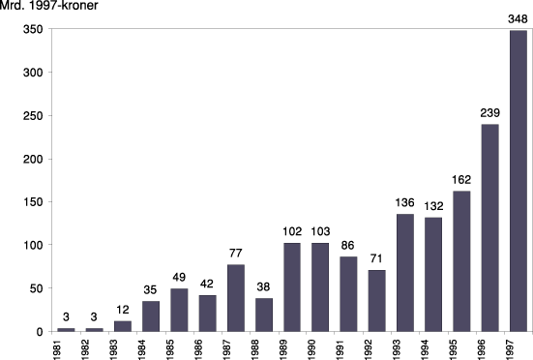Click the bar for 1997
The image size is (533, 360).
(x=517, y=181)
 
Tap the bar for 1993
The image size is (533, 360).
(x=404, y=272)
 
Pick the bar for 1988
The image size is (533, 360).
(x=263, y=315)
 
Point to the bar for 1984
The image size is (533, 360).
(x=150, y=315)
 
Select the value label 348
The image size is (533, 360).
(x=517, y=19)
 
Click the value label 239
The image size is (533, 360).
(x=489, y=113)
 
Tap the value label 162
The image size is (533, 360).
(x=460, y=180)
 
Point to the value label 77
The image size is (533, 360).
(x=235, y=254)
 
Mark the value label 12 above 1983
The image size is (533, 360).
(x=122, y=310)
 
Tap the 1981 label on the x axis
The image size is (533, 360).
(x=66, y=346)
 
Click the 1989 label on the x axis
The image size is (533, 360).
(x=291, y=346)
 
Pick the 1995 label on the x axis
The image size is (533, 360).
(x=461, y=346)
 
